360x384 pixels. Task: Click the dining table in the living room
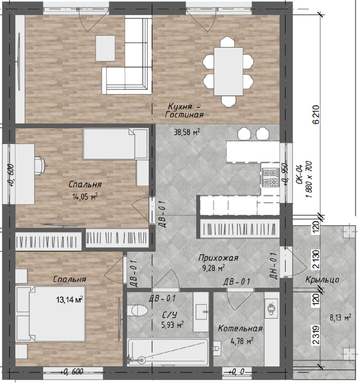point(229,71)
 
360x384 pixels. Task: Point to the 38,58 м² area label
point(187,132)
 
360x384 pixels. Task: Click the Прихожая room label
point(218,258)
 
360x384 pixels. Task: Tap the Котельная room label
point(240,329)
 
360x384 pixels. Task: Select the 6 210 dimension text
point(316,114)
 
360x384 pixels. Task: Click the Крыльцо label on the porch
point(322,280)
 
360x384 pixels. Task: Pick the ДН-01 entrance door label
point(274,266)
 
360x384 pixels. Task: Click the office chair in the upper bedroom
point(41,166)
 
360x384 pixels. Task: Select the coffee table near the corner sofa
point(105,48)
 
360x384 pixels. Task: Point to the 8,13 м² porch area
point(340,318)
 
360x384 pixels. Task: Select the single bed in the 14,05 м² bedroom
point(115,144)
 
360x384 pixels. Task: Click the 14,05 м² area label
point(85,196)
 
